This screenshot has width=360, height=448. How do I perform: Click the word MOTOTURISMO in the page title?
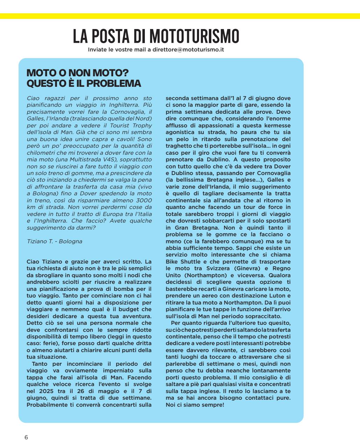point(194,36)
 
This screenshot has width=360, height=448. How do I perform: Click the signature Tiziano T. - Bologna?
point(55,241)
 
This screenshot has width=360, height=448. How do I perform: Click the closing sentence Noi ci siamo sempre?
point(195,405)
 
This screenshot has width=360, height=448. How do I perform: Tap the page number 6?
point(26,437)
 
